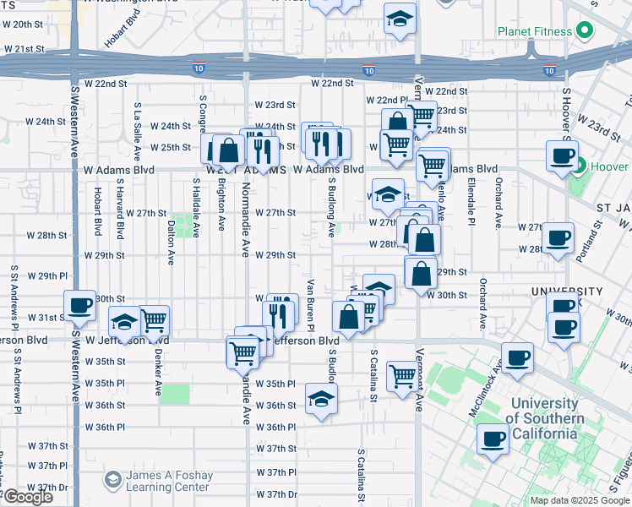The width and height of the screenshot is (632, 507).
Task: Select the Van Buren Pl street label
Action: pyautogui.click(x=311, y=304)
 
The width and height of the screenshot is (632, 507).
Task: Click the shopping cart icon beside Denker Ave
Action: pyautogui.click(x=153, y=320)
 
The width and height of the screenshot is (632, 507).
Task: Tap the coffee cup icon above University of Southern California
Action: pyautogui.click(x=517, y=357)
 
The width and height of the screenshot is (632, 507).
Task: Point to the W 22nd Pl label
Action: pyautogui.click(x=386, y=100)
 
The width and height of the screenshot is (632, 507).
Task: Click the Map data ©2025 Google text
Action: pyautogui.click(x=579, y=500)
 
